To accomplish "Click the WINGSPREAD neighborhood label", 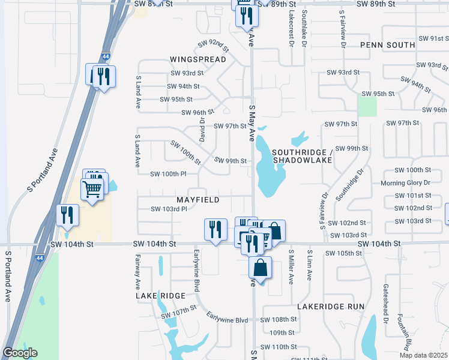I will [197, 59].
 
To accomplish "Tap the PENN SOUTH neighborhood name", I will [387, 45].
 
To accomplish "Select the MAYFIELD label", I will [197, 199].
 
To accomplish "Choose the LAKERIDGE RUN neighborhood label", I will [331, 306].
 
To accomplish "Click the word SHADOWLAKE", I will [303, 160].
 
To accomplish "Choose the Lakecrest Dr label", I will [291, 29].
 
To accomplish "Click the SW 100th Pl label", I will [169, 174].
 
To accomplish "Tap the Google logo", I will [20, 353].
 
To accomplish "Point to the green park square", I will [367, 106].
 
